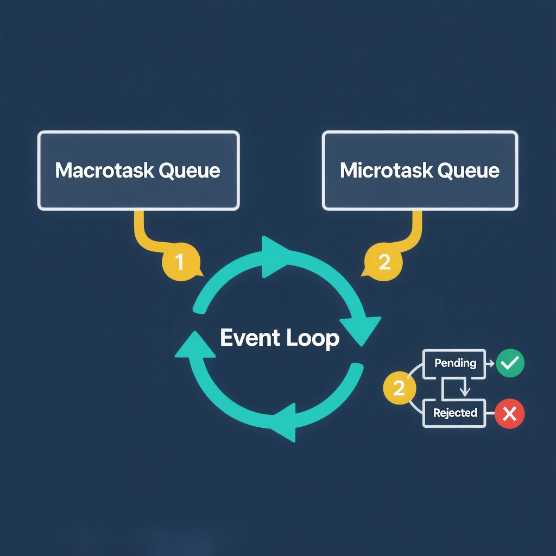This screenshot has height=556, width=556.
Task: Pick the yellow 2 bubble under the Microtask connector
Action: click(x=383, y=262)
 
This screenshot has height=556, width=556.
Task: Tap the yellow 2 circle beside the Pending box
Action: click(x=399, y=388)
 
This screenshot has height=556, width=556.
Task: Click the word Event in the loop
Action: click(x=248, y=338)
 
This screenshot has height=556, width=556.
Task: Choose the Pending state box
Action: click(x=455, y=363)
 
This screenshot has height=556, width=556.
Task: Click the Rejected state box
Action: click(x=455, y=413)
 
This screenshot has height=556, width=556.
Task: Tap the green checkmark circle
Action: click(x=510, y=363)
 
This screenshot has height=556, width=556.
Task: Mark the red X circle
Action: click(x=509, y=414)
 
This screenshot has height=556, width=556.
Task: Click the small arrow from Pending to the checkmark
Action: click(x=487, y=363)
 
